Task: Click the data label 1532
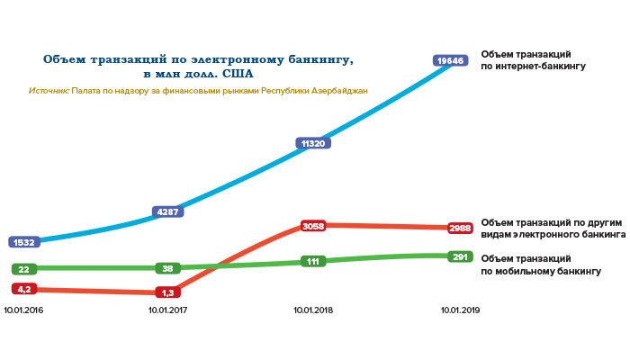coord(24,242)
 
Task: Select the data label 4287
coord(168,212)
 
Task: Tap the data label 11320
coord(312,143)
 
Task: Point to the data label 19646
coord(448,60)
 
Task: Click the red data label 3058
coord(312,226)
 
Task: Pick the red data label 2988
coord(459,229)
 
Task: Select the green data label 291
coord(459,256)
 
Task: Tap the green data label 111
coord(313,262)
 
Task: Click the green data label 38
coord(167,268)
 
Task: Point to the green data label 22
coord(24,269)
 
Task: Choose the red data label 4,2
coord(23,289)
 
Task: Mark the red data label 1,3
coord(167,292)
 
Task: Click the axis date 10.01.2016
coord(24,310)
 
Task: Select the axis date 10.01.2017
coord(167,310)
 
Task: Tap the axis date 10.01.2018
coord(313,310)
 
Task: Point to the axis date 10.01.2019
coord(459,310)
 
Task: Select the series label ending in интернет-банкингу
coord(533,61)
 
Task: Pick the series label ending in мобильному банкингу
coord(540,265)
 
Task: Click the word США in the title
coord(239,75)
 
